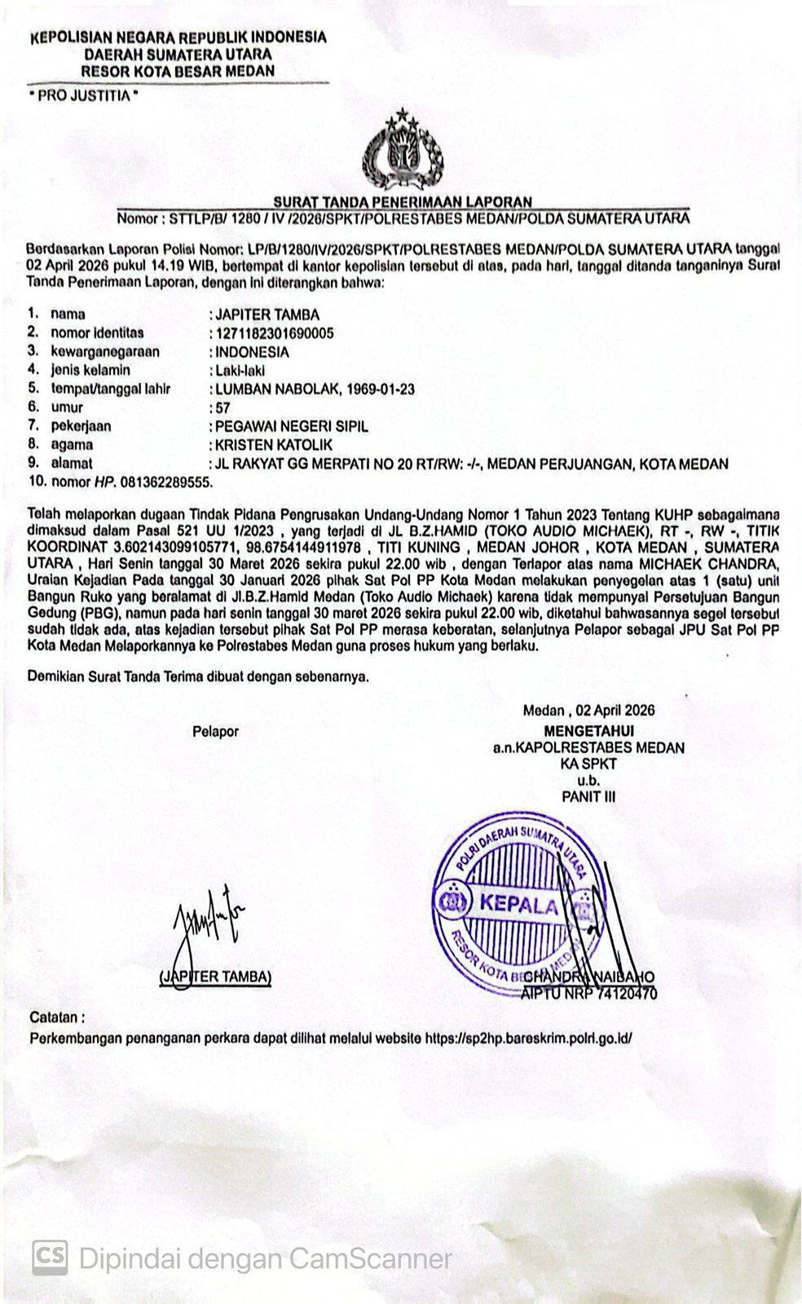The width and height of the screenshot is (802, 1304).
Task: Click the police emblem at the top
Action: click(403, 152)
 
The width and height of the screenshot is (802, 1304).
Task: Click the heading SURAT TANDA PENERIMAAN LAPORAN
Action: click(403, 201)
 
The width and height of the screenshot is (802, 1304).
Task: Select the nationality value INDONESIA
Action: click(252, 352)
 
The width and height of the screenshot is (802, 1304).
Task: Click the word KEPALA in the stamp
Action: click(519, 904)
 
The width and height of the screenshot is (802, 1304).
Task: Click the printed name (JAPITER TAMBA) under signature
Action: click(215, 976)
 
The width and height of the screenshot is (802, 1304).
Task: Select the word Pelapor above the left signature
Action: click(215, 731)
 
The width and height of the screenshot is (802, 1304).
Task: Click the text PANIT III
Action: click(588, 796)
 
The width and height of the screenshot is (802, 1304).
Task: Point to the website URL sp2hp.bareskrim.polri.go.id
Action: click(529, 1038)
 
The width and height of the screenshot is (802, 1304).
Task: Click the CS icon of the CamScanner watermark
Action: click(50, 1258)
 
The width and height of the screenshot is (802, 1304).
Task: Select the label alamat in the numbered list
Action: click(72, 463)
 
